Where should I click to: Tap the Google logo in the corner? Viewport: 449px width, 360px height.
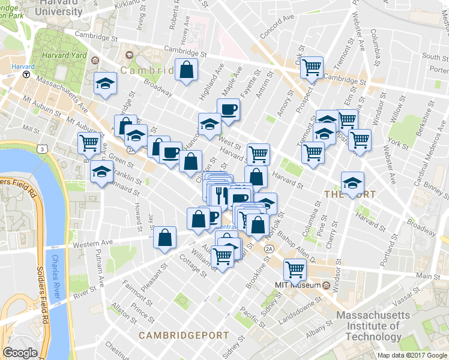pyautogui.click(x=20, y=353)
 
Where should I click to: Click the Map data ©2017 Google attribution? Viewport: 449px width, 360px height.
pyautogui.click(x=412, y=355)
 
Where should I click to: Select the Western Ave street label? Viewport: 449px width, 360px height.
pyautogui.click(x=93, y=244)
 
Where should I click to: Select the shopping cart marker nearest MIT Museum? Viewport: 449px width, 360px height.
pyautogui.click(x=295, y=269)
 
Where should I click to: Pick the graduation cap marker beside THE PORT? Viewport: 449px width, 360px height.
pyautogui.click(x=352, y=182)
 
